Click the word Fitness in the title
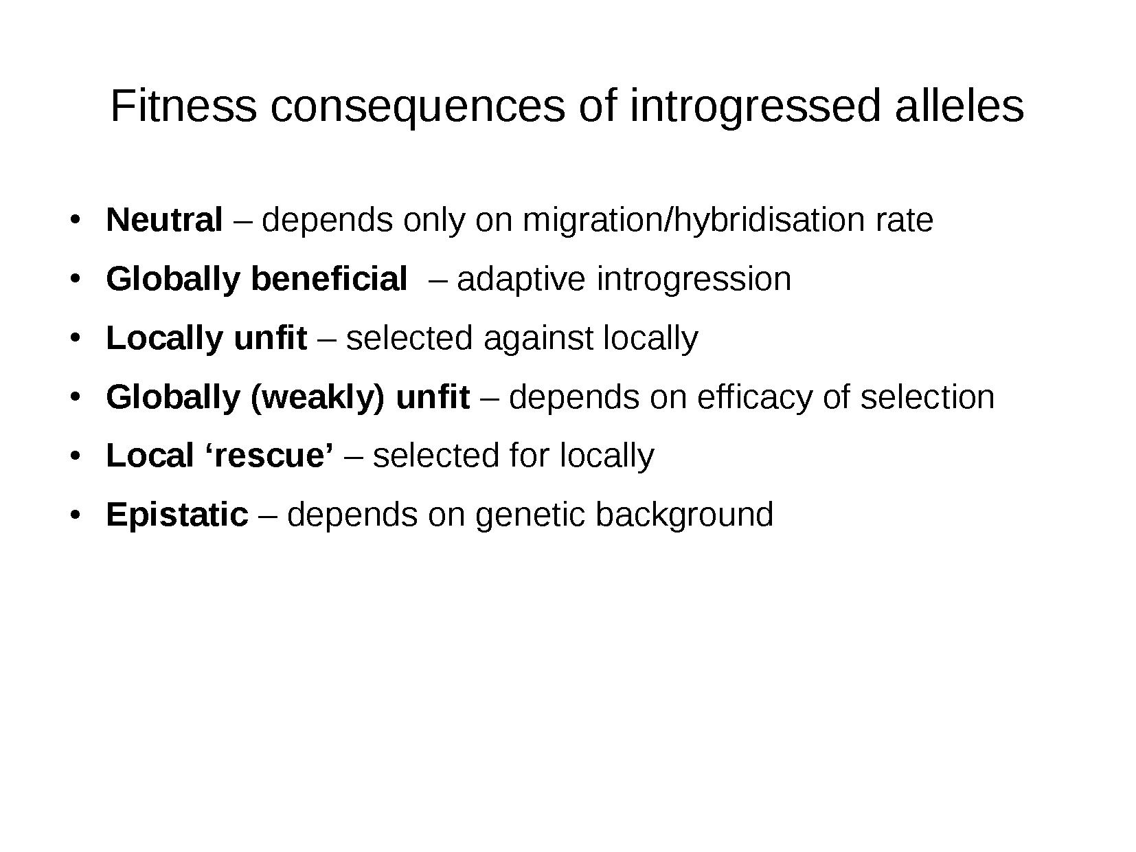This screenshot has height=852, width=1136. (184, 106)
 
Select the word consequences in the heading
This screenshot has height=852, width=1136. (418, 109)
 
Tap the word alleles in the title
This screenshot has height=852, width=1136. (959, 106)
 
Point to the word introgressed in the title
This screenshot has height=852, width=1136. (755, 109)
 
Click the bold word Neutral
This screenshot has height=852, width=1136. (165, 219)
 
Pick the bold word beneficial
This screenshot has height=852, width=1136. (329, 278)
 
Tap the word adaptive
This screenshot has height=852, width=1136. (521, 280)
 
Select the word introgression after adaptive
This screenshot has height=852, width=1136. (694, 280)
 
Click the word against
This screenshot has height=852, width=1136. (538, 339)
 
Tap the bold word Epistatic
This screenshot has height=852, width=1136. (177, 515)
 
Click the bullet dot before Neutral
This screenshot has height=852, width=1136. (76, 219)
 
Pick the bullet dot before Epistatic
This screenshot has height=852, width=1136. (76, 515)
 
